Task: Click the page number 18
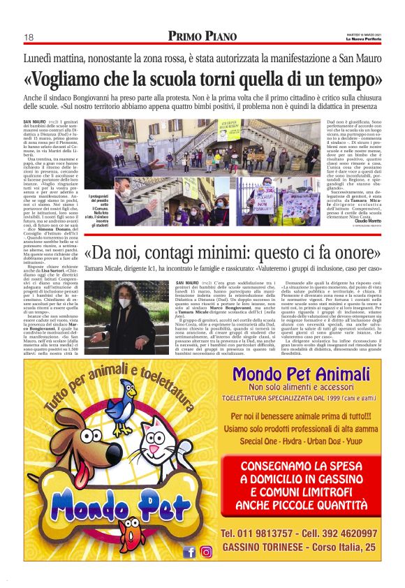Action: point(29,37)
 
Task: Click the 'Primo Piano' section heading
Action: point(202,36)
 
